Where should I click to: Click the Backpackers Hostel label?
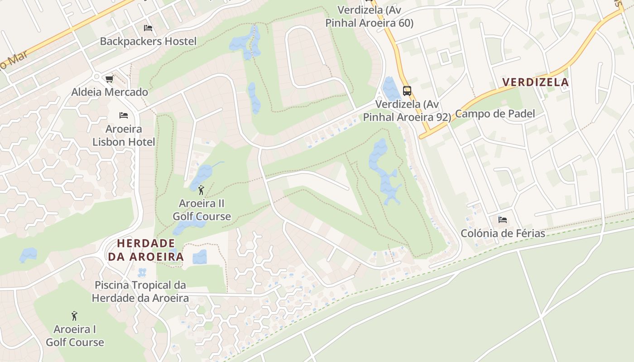point(148,41)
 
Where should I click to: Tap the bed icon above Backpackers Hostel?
point(148,28)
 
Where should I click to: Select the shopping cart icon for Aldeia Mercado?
point(109,79)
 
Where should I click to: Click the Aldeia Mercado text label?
point(110,92)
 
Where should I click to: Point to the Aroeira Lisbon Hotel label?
point(124,135)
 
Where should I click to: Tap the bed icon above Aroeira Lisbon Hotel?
point(124,115)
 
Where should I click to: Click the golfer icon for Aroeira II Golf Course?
point(202,190)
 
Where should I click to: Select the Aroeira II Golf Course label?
point(202,210)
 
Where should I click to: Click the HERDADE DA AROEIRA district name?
point(146,250)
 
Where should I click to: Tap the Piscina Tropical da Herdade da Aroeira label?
point(140,291)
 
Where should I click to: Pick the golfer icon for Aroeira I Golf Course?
point(74,315)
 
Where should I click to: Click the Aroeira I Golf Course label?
point(75,335)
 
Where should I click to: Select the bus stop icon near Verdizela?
point(407,90)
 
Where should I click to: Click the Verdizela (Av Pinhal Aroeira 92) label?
point(407,111)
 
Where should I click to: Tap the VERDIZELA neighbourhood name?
point(535,82)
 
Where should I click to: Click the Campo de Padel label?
point(495,114)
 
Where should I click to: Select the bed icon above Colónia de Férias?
point(502,220)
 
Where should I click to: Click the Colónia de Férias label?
point(503,233)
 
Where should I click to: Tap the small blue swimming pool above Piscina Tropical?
point(142,272)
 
